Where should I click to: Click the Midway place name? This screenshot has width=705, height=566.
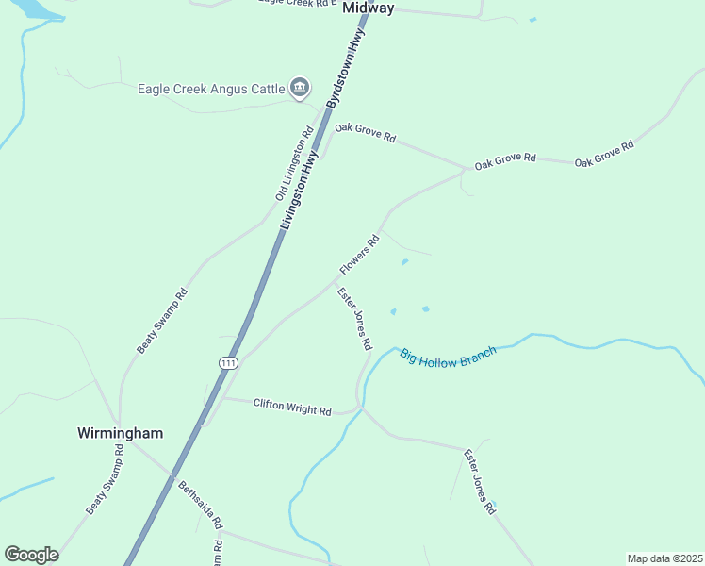tap(368, 8)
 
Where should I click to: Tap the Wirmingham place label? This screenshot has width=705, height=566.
tap(120, 433)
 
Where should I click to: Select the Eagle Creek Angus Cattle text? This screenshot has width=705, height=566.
tap(211, 89)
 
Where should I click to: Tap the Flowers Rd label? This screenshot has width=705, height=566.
tap(358, 256)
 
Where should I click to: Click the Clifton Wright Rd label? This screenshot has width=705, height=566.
tap(292, 407)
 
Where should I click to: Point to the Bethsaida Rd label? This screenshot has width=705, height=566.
tap(201, 505)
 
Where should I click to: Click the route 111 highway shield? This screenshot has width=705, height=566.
tap(228, 363)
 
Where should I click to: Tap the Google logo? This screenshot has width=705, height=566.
tap(32, 555)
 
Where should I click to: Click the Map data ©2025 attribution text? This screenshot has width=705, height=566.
tap(664, 558)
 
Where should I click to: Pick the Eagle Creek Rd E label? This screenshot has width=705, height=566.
tap(297, 3)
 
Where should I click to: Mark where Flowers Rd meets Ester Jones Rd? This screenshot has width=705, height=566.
tap(336, 280)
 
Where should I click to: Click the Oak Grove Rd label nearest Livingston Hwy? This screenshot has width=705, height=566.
tap(365, 132)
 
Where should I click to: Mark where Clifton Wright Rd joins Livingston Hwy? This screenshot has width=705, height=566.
tap(219, 397)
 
